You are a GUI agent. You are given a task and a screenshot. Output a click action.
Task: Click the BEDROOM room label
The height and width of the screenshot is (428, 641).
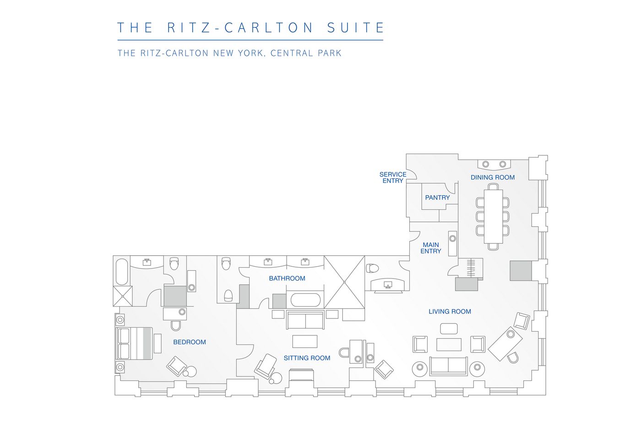pyautogui.click(x=190, y=342)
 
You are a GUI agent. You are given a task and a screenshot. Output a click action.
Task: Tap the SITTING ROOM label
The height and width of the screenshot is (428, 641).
pyautogui.click(x=307, y=358)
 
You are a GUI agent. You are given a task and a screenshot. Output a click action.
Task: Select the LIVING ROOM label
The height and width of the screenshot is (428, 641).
pyautogui.click(x=450, y=312)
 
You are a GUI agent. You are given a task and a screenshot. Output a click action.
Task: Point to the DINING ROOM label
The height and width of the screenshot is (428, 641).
pyautogui.click(x=493, y=177)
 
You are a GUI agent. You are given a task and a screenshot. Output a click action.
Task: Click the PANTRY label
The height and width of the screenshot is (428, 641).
pyautogui.click(x=437, y=198)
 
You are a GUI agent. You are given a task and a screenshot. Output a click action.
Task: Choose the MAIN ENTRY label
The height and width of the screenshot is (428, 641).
pyautogui.click(x=431, y=248)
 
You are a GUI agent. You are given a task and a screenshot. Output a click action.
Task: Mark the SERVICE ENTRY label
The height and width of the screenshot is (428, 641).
pyautogui.click(x=393, y=177)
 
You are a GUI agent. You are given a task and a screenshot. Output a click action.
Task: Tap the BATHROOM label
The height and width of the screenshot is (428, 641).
pyautogui.click(x=287, y=278)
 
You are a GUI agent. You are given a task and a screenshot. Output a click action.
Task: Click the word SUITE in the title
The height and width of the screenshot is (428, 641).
pyautogui.click(x=356, y=27)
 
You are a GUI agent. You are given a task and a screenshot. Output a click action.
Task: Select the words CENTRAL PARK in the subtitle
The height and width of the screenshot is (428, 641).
pyautogui.click(x=306, y=53)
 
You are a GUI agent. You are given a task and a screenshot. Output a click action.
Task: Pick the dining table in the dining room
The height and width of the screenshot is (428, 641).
pyautogui.click(x=494, y=217)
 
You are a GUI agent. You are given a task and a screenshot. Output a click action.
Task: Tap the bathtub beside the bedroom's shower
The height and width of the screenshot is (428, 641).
pyautogui.click(x=122, y=271)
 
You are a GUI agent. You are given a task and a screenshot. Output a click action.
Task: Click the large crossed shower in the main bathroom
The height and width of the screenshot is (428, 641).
pyautogui.click(x=344, y=282)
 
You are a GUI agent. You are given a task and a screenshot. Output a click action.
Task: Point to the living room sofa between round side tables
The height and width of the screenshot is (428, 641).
pyautogui.click(x=448, y=366)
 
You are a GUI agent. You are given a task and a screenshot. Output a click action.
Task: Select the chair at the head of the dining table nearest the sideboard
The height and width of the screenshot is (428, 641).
pyautogui.click(x=494, y=187)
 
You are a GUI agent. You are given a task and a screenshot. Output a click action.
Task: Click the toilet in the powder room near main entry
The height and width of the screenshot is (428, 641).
pyautogui.click(x=372, y=268)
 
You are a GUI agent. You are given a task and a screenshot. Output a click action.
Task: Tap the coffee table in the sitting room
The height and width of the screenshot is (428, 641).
pyautogui.click(x=305, y=341)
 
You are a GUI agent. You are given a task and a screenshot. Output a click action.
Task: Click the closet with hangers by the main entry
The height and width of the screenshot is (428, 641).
pyautogui.click(x=471, y=268)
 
